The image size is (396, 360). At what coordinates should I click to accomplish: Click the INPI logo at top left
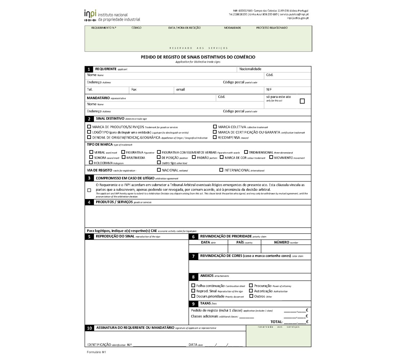(112, 15)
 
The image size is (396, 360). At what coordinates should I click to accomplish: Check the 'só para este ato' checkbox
(302, 101)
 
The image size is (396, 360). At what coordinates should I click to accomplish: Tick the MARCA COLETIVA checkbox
(215, 127)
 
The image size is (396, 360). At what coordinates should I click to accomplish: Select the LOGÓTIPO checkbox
(89, 132)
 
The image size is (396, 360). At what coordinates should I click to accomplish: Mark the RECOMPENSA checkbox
(215, 137)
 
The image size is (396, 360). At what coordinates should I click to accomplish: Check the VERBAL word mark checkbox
(91, 152)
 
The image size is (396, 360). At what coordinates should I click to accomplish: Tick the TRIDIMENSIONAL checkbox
(246, 152)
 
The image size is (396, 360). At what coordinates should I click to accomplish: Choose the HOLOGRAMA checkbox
(91, 163)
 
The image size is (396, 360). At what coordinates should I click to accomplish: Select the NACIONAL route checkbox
(159, 170)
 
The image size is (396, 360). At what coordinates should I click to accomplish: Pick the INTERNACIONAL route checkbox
(221, 170)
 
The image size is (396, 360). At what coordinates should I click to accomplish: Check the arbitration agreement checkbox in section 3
(89, 190)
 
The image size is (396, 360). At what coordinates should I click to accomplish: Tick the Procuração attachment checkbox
(251, 285)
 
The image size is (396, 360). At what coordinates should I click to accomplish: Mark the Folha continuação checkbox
(193, 285)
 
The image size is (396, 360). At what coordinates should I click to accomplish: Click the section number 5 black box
(89, 237)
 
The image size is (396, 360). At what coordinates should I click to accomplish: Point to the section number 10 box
(89, 328)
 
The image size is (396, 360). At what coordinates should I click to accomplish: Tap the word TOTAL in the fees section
(276, 322)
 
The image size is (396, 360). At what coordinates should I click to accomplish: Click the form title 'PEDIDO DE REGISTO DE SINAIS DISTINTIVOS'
(198, 57)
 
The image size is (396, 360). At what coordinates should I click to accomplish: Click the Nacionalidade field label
(250, 69)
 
